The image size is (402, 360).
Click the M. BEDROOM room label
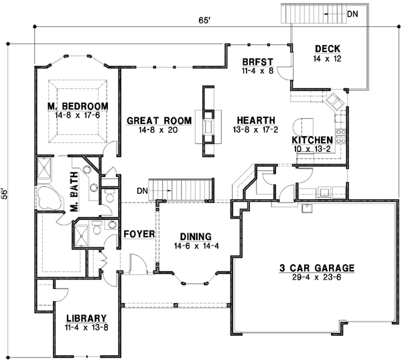pos(78,107)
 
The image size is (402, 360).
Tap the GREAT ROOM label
pos(159,121)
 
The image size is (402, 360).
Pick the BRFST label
pos(256,62)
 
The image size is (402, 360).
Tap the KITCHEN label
pos(313,139)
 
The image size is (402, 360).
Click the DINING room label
pos(196,237)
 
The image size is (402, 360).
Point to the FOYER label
pos(139,235)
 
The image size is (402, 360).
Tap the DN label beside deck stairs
pos(353,13)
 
